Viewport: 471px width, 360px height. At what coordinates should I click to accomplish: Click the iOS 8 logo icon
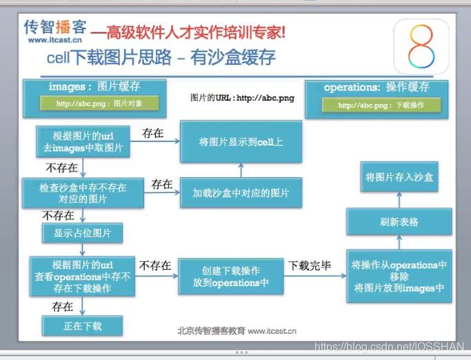click(x=422, y=46)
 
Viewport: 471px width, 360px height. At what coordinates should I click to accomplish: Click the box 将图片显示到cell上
click(x=241, y=142)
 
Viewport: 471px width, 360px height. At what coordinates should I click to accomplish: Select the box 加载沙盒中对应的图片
click(x=241, y=192)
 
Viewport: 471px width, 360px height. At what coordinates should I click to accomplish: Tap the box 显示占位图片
click(x=82, y=232)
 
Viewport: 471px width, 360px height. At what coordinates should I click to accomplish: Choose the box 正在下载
click(x=82, y=326)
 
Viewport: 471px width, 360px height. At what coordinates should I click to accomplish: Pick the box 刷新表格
click(x=399, y=222)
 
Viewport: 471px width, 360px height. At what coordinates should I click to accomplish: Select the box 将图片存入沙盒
click(x=399, y=177)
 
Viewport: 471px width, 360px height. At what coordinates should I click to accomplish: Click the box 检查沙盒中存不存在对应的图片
click(x=83, y=192)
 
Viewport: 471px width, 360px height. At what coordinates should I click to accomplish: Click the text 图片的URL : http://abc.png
click(x=242, y=98)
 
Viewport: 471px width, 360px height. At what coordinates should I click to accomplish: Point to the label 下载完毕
click(x=309, y=265)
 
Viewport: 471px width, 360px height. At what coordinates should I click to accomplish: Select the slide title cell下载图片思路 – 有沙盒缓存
click(x=162, y=57)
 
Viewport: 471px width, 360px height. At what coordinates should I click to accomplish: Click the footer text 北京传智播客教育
click(x=211, y=330)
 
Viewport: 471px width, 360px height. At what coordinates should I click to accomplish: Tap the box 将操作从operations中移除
click(x=399, y=276)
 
